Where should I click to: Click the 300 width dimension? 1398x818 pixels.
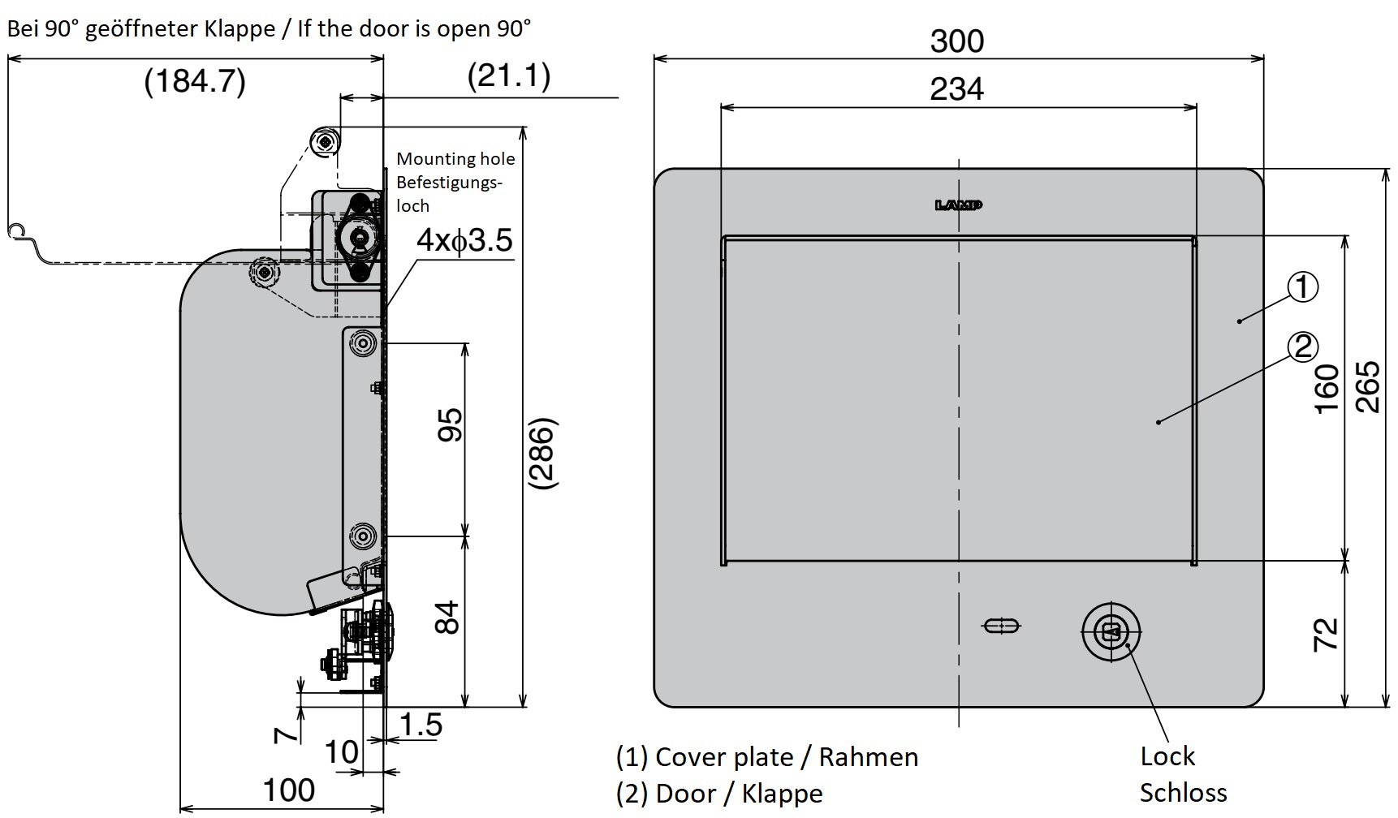956,41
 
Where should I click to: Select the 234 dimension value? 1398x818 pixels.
956,88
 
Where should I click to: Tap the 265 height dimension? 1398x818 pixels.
1368,387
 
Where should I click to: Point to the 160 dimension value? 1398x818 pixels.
1326,390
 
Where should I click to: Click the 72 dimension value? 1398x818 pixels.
1326,634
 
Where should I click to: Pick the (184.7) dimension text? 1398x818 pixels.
195,81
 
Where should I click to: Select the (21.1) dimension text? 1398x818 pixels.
509,75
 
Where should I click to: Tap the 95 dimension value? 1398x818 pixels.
450,424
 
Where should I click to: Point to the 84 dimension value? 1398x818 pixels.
447,618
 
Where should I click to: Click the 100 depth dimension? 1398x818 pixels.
289,790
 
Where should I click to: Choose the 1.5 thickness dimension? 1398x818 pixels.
421,725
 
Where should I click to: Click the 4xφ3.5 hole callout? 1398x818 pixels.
464,240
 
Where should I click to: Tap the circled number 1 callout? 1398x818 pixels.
1303,286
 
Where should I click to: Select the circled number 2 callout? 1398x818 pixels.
1303,347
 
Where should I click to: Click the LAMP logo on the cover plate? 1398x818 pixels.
959,205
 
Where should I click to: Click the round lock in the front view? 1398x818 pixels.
1111,631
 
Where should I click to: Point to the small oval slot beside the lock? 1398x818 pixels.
1002,626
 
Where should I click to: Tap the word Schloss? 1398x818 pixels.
1183,793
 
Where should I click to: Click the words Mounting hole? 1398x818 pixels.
455,159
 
